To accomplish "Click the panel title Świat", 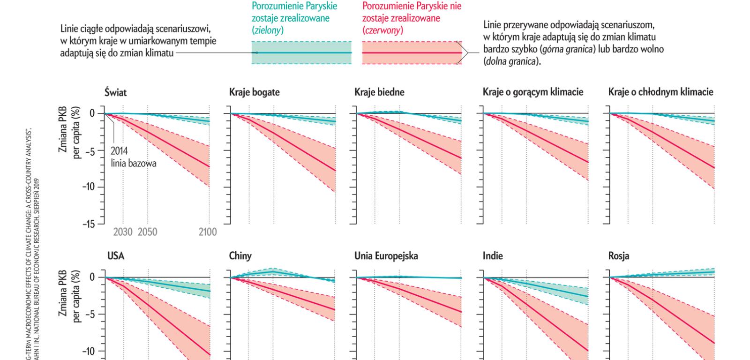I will pyautogui.click(x=115, y=92).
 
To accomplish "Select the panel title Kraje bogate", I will pyautogui.click(x=254, y=92).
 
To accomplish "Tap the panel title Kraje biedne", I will pyautogui.click(x=379, y=92).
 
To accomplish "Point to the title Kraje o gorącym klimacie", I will pyautogui.click(x=532, y=92).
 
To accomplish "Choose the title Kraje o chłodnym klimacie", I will pyautogui.click(x=660, y=92).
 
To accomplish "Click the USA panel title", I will pyautogui.click(x=116, y=256).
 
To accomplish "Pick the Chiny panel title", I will pyautogui.click(x=240, y=256).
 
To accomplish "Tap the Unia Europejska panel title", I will pyautogui.click(x=386, y=256).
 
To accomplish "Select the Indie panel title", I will pyautogui.click(x=493, y=256).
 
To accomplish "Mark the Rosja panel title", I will pyautogui.click(x=619, y=256).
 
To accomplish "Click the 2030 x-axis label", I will pyautogui.click(x=123, y=232).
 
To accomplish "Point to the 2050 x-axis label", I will pyautogui.click(x=147, y=232).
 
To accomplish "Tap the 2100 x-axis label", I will pyautogui.click(x=208, y=232).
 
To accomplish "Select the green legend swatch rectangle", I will pyautogui.click(x=301, y=52).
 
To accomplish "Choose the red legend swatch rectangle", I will pyautogui.click(x=412, y=52).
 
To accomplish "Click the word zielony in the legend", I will pyautogui.click(x=267, y=30).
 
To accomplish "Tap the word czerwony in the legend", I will pyautogui.click(x=382, y=30).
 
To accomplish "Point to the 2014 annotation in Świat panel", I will pyautogui.click(x=120, y=151).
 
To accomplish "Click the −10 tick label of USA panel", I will pyautogui.click(x=88, y=352).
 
